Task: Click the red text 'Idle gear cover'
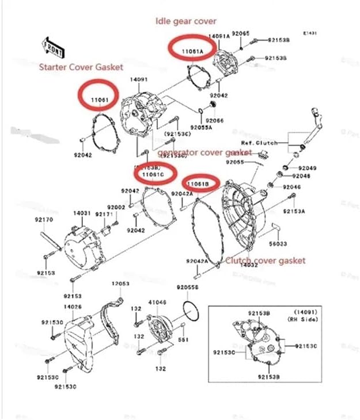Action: [186, 21]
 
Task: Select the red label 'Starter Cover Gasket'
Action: [81, 67]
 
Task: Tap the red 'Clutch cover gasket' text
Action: [265, 260]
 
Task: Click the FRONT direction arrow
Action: [52, 47]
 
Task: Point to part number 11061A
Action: [192, 51]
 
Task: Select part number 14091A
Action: [219, 36]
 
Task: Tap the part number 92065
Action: [240, 34]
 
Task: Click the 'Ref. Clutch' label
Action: [259, 142]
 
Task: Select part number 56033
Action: [280, 243]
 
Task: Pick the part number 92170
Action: [44, 219]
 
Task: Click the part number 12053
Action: [121, 284]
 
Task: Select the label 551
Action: [183, 340]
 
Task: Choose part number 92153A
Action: [295, 211]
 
